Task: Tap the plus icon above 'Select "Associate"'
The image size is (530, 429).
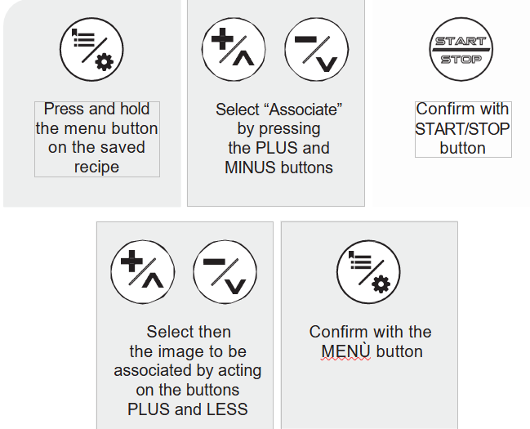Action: point(234,49)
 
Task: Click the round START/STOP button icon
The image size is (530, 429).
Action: point(461,49)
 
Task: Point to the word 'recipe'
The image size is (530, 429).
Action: point(96,168)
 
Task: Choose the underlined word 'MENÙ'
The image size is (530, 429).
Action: point(345,352)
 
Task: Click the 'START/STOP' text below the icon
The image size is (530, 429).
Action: point(462,128)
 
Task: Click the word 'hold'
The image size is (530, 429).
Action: point(134,109)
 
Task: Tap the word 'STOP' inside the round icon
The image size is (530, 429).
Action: point(461,60)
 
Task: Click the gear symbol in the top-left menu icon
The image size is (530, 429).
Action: point(105,63)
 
